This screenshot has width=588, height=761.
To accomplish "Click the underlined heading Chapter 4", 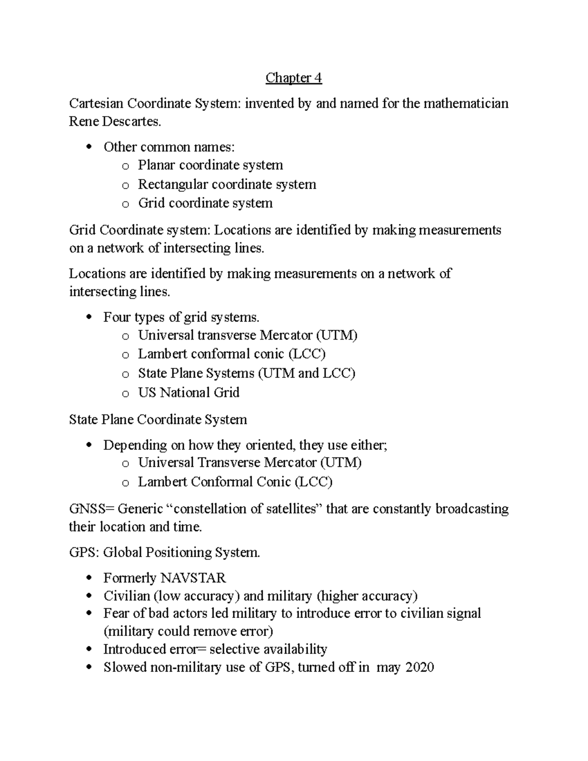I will [x=294, y=78].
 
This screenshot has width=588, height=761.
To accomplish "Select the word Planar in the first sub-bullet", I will [x=156, y=165].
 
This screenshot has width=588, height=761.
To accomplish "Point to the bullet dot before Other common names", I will [x=89, y=147].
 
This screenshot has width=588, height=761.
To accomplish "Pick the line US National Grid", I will [x=189, y=393].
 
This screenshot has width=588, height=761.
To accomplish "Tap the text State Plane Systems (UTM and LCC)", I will [x=246, y=373].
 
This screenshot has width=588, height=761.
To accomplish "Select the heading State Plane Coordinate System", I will [x=158, y=419].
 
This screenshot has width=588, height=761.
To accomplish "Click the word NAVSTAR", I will [x=193, y=578].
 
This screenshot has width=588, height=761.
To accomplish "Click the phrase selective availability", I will [x=268, y=649].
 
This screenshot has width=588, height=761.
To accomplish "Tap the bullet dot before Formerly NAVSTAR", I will [x=89, y=579].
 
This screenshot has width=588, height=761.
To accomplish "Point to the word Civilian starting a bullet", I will [x=126, y=596].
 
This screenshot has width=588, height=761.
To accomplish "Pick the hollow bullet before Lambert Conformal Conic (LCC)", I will [x=125, y=483].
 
